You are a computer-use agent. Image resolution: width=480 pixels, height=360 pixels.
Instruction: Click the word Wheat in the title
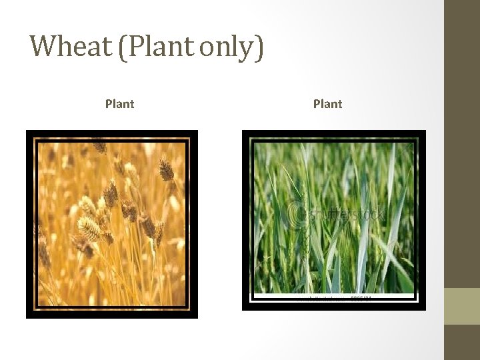tap(71, 46)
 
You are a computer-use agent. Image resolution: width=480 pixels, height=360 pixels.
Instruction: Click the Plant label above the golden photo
tap(119, 104)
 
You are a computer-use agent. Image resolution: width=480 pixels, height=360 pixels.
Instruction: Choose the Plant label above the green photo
tap(327, 104)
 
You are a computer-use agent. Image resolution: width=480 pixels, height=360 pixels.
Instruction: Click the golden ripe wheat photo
tap(112, 223)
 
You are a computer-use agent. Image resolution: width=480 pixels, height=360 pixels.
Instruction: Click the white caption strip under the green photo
tap(333, 297)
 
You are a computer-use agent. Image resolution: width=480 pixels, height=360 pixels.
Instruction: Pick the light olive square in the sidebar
tap(462, 306)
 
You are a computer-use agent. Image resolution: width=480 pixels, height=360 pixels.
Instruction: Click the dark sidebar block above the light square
tap(462, 143)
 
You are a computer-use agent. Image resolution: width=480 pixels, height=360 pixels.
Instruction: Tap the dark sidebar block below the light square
tap(462, 343)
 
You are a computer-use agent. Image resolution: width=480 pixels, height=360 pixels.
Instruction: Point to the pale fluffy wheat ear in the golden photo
tap(89, 229)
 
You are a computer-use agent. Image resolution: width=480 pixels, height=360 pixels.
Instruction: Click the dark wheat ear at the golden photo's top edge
tap(100, 145)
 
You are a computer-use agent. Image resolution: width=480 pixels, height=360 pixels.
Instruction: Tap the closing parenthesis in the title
tap(259, 47)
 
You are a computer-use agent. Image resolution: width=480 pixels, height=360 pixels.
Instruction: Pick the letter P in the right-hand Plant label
tap(317, 104)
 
